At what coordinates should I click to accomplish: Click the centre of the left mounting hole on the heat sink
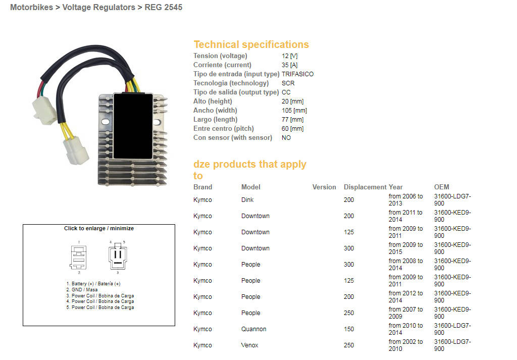[x=106, y=122]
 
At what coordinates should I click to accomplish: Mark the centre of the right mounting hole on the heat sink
[x=158, y=122]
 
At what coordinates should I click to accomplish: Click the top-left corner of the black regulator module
[x=114, y=93]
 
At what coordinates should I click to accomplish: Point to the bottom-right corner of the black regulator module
[x=152, y=159]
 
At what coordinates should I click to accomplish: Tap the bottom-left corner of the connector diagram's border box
[x=23, y=326]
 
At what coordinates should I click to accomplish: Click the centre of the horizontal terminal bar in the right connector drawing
[x=118, y=263]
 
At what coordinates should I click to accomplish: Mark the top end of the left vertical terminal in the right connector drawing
[x=116, y=251]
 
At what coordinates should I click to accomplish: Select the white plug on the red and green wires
[x=44, y=111]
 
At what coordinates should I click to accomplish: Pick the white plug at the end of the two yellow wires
[x=76, y=150]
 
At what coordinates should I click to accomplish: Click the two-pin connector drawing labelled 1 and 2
[x=78, y=258]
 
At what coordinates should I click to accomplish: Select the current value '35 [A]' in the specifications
[x=289, y=65]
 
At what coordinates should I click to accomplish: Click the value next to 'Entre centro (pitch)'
[x=292, y=129]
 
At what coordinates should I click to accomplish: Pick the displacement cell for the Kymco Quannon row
[x=348, y=329]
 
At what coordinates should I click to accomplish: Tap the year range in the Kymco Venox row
[x=405, y=345]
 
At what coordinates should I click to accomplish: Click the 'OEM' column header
[x=441, y=187]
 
